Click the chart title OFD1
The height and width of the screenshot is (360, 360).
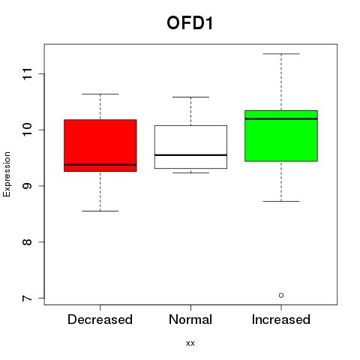point(190,22)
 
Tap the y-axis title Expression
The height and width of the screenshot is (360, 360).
point(7,174)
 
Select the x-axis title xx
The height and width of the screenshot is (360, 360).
point(190,343)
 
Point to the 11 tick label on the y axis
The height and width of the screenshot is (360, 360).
point(28,73)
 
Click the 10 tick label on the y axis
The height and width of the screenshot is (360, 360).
point(28,130)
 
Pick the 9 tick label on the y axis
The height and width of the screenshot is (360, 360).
point(28,186)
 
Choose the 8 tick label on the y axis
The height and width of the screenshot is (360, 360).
point(28,241)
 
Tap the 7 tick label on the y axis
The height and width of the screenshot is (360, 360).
point(28,298)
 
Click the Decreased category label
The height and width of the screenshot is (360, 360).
point(100,319)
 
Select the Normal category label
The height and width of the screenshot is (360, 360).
point(190,319)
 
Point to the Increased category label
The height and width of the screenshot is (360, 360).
point(281,319)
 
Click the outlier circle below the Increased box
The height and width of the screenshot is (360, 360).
point(281,295)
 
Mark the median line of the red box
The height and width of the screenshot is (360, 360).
point(100,165)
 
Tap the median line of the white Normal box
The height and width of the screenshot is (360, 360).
point(190,155)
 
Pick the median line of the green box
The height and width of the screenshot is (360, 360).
point(281,118)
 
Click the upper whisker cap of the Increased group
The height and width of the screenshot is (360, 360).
point(281,54)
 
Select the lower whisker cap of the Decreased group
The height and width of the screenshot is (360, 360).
point(100,211)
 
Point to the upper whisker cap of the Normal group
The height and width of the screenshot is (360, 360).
point(190,97)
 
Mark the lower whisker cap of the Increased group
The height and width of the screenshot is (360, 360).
point(281,201)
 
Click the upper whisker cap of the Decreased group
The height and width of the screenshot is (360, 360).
point(100,94)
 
